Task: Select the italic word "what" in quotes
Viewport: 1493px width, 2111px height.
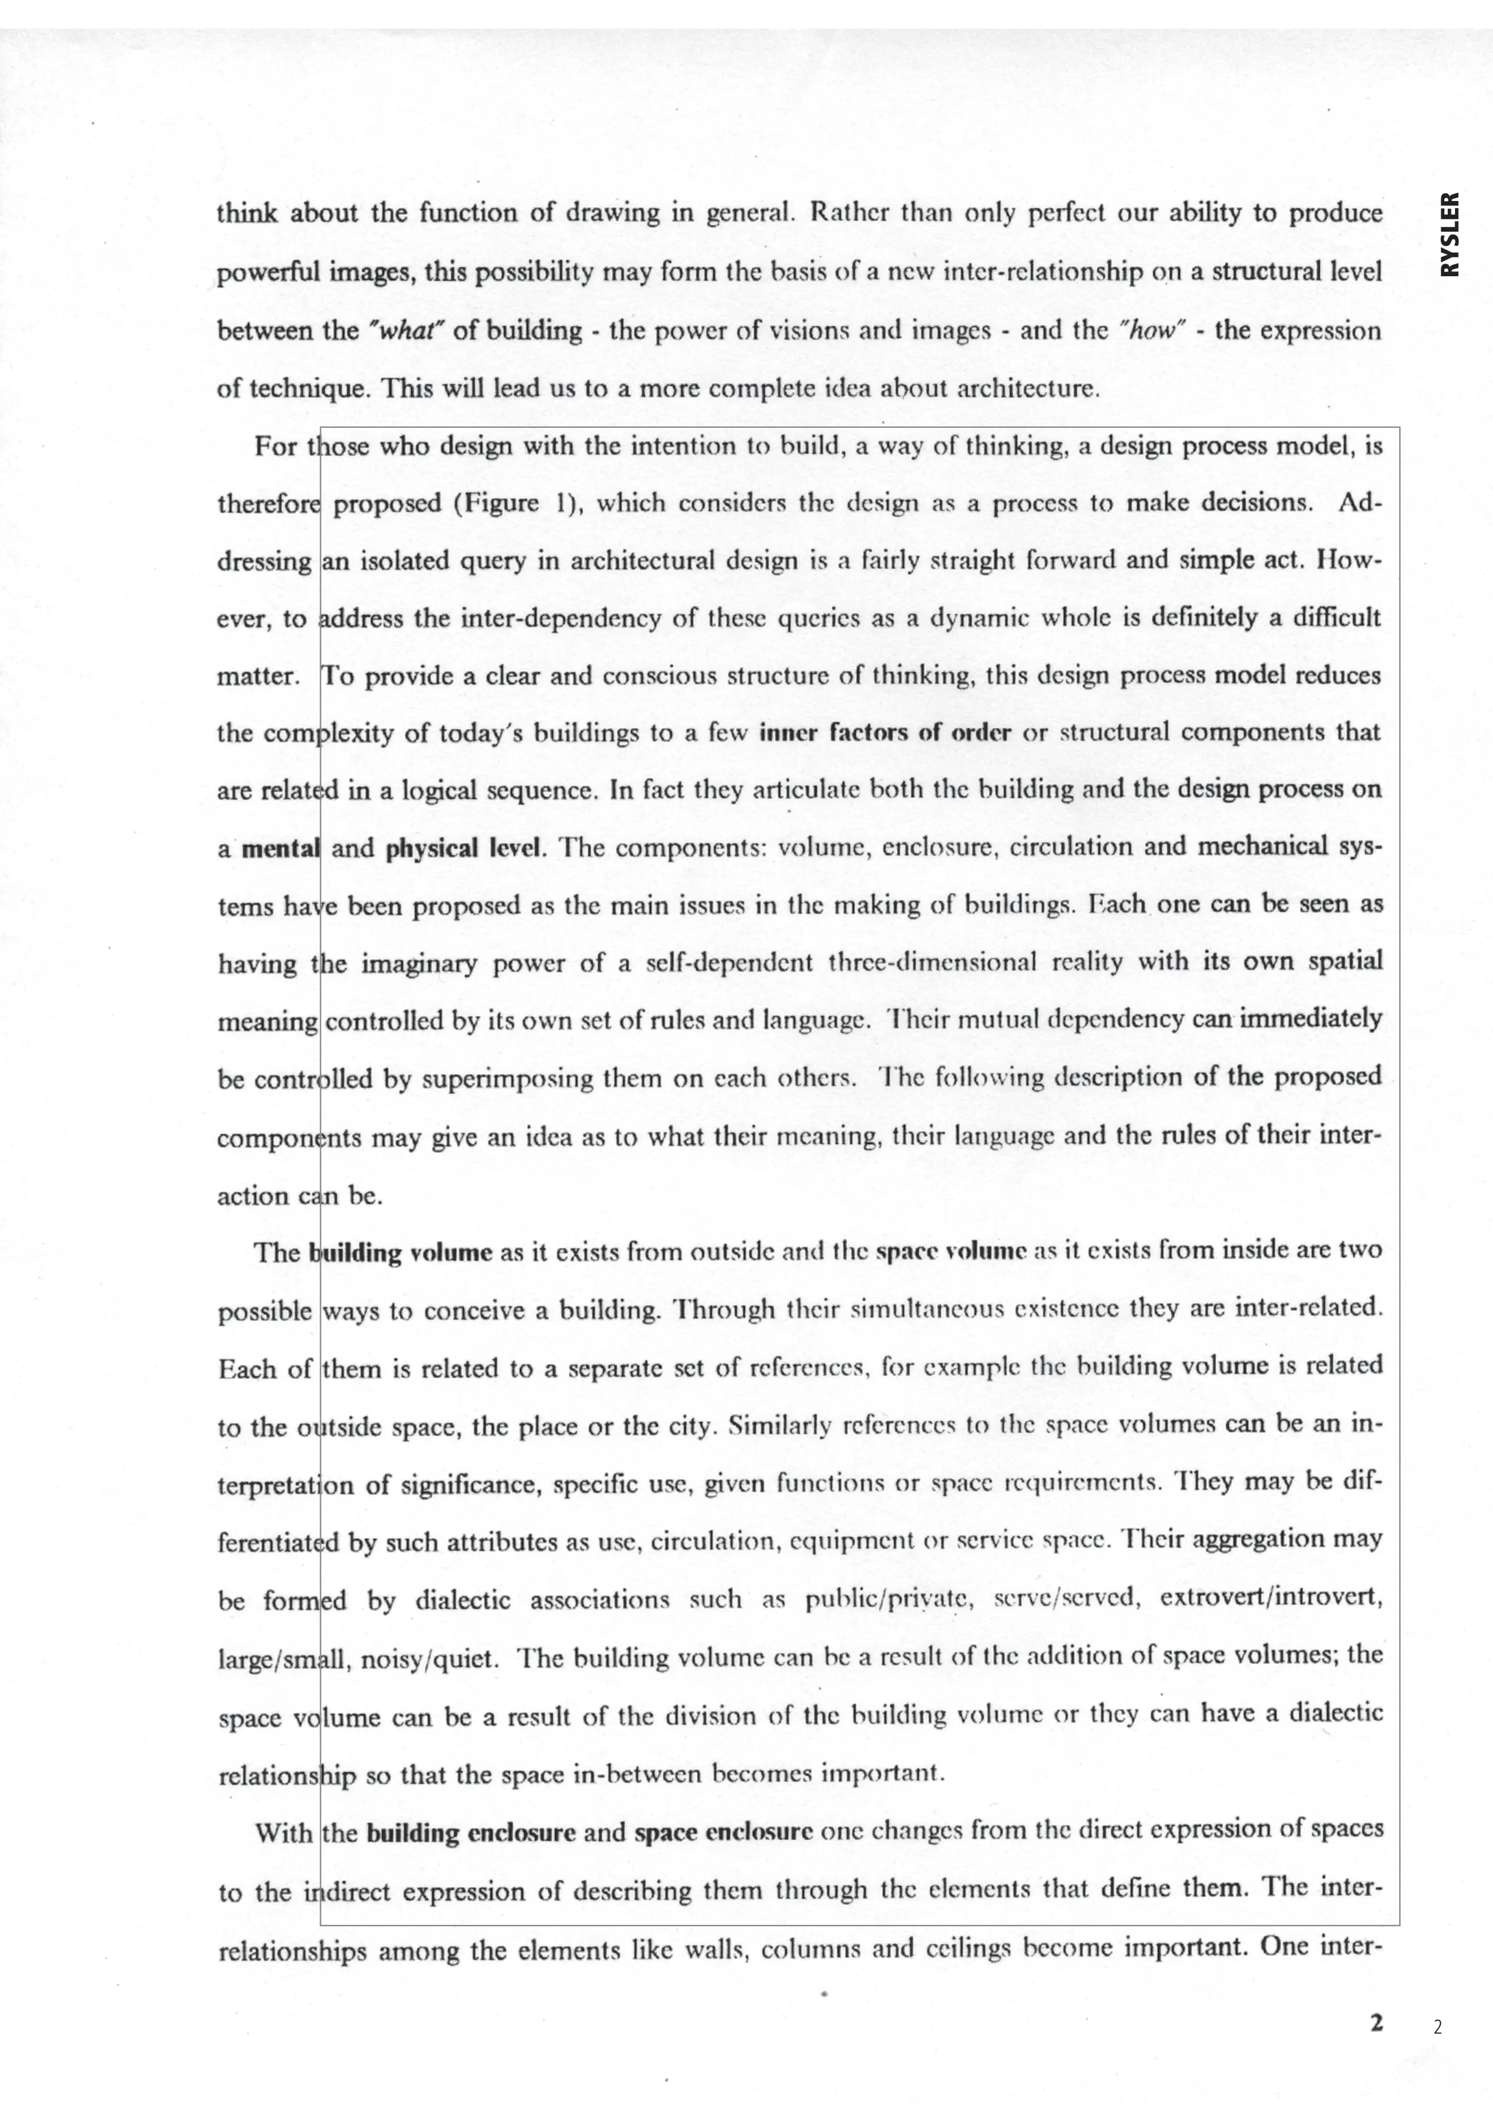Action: click(x=406, y=331)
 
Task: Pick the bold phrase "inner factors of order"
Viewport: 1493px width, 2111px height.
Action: click(x=885, y=733)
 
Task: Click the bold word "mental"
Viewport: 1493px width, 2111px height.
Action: click(x=279, y=848)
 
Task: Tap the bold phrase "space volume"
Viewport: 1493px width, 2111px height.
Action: click(x=951, y=1251)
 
